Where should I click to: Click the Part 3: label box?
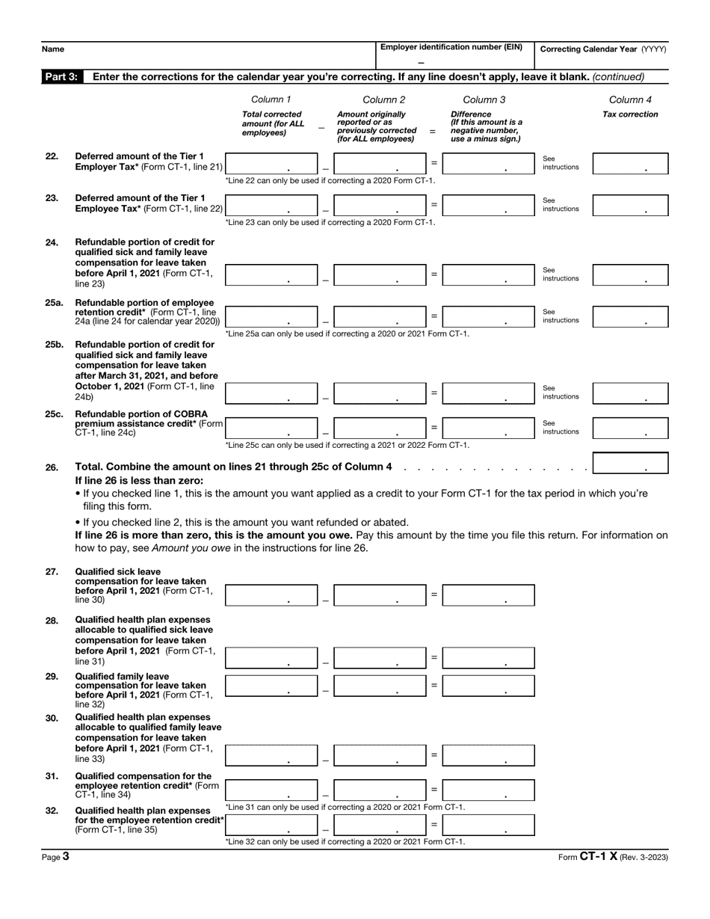[61, 77]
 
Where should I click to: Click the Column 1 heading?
[271, 99]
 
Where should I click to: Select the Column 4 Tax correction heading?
[630, 107]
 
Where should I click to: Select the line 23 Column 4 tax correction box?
[629, 205]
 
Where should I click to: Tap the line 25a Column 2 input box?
[380, 316]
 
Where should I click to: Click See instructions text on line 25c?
[560, 428]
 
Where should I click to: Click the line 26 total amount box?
[629, 464]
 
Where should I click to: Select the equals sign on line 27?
[433, 594]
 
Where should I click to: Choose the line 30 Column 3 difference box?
[488, 755]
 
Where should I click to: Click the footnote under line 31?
[345, 807]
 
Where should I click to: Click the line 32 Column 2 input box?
[380, 825]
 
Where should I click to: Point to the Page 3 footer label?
[55, 857]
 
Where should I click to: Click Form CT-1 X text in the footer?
[587, 857]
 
